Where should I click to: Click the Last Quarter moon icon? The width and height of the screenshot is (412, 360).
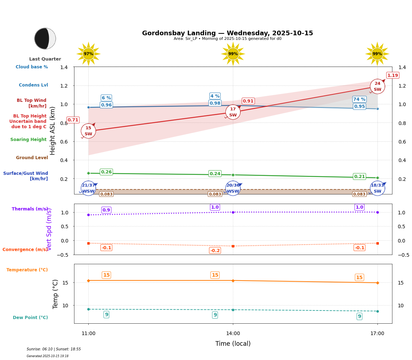pyautogui.click(x=45, y=38)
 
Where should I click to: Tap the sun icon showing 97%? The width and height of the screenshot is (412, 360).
pyautogui.click(x=88, y=54)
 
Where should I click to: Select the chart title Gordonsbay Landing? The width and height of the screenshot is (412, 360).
pyautogui.click(x=227, y=33)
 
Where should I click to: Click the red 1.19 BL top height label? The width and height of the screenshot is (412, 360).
pyautogui.click(x=392, y=75)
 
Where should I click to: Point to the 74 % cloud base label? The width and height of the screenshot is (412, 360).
pyautogui.click(x=359, y=99)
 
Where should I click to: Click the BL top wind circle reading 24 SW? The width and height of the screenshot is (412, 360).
pyautogui.click(x=377, y=87)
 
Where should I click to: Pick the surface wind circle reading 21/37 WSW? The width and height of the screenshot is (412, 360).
pyautogui.click(x=88, y=188)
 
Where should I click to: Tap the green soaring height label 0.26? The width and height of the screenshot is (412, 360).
pyautogui.click(x=106, y=172)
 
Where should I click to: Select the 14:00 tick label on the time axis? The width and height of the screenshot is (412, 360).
pyautogui.click(x=233, y=334)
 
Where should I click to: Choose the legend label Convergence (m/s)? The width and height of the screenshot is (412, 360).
pyautogui.click(x=25, y=250)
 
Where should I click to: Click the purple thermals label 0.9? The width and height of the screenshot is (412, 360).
pyautogui.click(x=106, y=210)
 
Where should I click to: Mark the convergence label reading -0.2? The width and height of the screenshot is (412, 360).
pyautogui.click(x=215, y=251)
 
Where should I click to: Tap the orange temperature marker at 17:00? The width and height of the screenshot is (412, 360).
pyautogui.click(x=377, y=283)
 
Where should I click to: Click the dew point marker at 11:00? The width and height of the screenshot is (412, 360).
pyautogui.click(x=88, y=309)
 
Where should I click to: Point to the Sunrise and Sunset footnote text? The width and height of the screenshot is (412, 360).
pyautogui.click(x=54, y=349)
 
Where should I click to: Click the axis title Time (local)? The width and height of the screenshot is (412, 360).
pyautogui.click(x=233, y=344)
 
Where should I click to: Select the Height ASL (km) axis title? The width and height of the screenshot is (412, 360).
pyautogui.click(x=53, y=130)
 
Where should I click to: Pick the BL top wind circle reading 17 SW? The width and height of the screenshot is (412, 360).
pyautogui.click(x=233, y=112)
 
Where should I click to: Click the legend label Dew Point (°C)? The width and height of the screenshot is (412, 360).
pyautogui.click(x=30, y=318)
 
